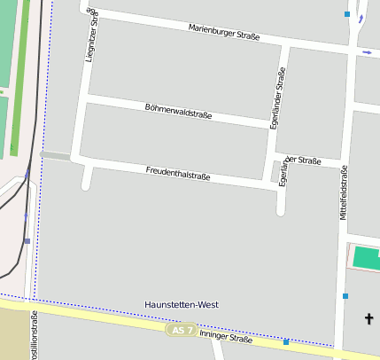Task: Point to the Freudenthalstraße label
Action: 178,173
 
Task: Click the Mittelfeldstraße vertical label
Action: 343,193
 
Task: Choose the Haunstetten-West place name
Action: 181,304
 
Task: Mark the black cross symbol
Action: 368,317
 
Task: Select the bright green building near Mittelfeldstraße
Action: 366,259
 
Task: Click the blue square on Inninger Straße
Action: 286,341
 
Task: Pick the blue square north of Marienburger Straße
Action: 347,14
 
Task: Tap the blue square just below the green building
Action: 345,296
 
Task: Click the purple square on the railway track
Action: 27,240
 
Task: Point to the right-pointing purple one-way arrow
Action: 367,53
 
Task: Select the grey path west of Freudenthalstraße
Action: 55,156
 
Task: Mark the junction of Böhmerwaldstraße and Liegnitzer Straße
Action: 86,99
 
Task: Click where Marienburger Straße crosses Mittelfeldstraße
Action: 349,51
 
